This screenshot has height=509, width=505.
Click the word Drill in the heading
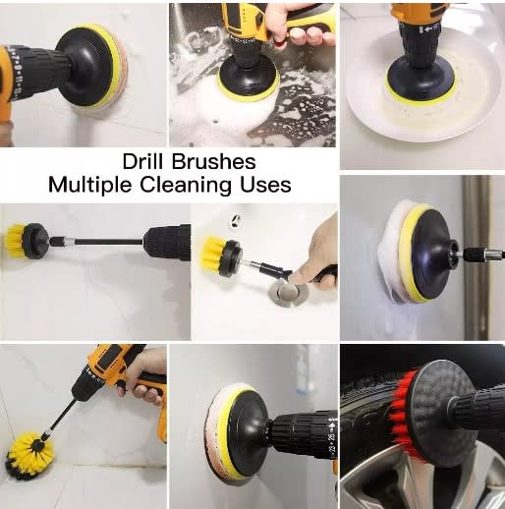pos(143,161)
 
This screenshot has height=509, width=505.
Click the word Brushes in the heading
pos(214,161)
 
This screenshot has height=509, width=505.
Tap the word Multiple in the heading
pos(90,186)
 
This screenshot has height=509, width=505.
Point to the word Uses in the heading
pos(265,185)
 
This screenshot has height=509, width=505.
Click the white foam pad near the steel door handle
pos(391,254)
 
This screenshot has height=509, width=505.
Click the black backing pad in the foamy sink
pos(248,76)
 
